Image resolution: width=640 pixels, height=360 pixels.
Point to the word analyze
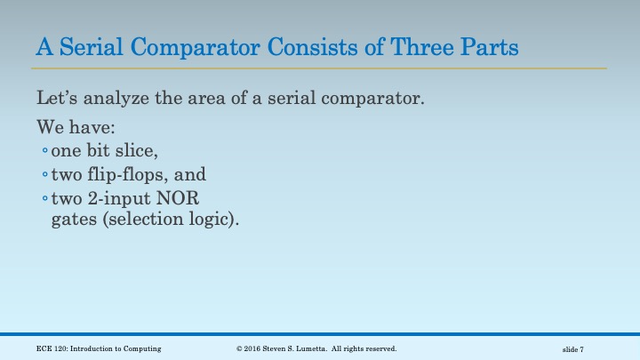click(x=117, y=97)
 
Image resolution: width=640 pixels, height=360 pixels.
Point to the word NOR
click(x=193, y=197)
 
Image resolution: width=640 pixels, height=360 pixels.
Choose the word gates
click(x=74, y=219)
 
